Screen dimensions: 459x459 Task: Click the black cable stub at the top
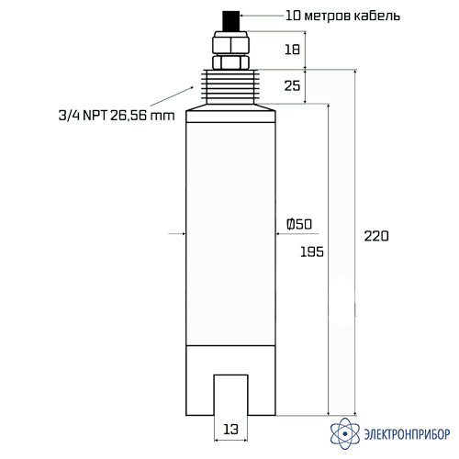pos(230,21)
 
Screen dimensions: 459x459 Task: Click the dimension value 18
pos(292,50)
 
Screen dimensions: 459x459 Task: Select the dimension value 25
pos(292,85)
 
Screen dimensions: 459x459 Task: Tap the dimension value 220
pos(376,236)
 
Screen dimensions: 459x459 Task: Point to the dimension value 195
pos(312,252)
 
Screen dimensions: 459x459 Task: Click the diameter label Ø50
pos(299,224)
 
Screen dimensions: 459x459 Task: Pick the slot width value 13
pos(230,430)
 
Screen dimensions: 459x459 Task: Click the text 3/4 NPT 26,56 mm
pos(117,116)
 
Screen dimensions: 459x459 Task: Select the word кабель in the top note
pos(377,16)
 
